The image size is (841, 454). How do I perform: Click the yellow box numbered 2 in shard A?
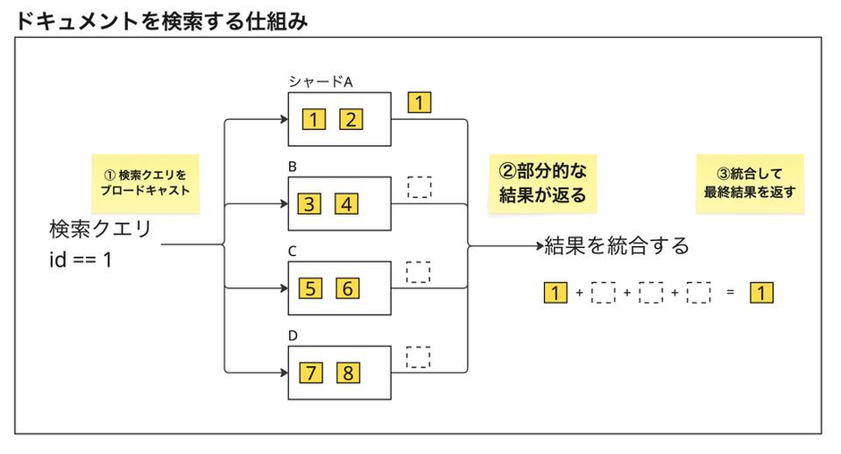(x=352, y=119)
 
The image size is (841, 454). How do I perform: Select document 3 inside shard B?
(x=309, y=204)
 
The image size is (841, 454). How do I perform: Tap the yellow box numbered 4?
(x=346, y=204)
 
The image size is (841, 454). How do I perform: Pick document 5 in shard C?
(x=310, y=288)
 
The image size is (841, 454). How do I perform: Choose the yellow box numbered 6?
(x=347, y=288)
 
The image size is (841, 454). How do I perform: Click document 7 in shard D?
(x=311, y=373)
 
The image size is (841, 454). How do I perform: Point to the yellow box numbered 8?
(x=348, y=373)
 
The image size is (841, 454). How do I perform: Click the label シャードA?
(x=320, y=81)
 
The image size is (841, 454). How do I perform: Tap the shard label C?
(x=293, y=251)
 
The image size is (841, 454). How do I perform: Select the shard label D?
(x=293, y=336)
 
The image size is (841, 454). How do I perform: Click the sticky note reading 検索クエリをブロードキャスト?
(x=145, y=184)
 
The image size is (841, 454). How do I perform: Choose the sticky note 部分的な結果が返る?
(x=543, y=184)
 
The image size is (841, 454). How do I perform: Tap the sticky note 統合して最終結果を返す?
(x=750, y=184)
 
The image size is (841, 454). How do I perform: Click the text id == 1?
(x=81, y=260)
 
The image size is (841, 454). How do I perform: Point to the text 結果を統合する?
(x=616, y=245)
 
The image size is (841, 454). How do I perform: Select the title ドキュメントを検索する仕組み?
(x=161, y=21)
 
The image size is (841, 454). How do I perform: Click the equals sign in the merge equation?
(x=730, y=293)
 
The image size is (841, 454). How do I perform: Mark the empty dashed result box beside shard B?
(x=420, y=187)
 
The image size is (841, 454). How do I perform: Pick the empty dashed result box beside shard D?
(x=419, y=357)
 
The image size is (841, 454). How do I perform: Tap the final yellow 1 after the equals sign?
(x=761, y=293)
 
